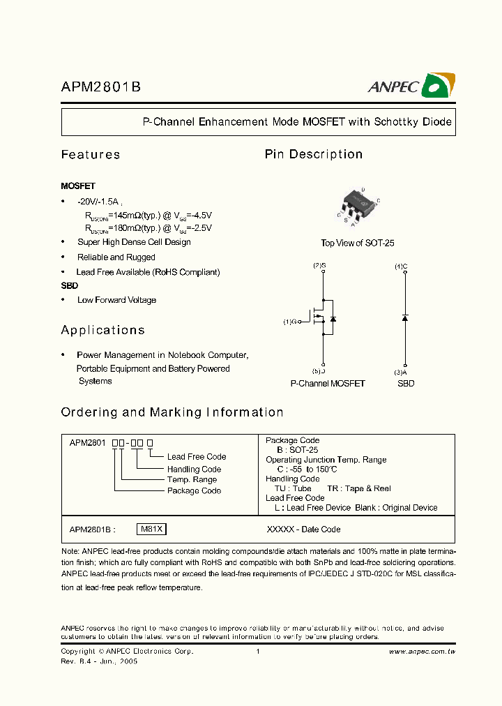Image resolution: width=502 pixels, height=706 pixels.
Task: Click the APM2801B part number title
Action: tap(102, 87)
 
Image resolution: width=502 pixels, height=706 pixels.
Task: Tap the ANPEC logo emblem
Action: tap(439, 85)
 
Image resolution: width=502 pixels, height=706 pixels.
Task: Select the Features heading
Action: tap(91, 155)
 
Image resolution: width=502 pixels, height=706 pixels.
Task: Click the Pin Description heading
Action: tap(314, 154)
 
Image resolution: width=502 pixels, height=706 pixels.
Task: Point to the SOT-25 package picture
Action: tap(358, 206)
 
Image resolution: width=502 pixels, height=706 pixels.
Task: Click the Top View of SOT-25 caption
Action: tap(358, 243)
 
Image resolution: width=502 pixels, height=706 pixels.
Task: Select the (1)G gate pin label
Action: tap(289, 322)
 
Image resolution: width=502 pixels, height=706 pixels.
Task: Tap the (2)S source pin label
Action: tap(319, 266)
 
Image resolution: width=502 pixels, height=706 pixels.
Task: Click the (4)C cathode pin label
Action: tap(401, 266)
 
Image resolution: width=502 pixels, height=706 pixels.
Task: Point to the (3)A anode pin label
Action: tap(400, 372)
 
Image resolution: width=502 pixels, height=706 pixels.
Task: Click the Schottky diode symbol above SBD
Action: tap(405, 318)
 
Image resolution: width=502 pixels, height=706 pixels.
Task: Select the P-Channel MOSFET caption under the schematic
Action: tap(328, 384)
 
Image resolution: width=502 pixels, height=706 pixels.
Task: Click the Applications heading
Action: tap(103, 330)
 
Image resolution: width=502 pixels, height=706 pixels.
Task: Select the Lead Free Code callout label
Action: tap(197, 457)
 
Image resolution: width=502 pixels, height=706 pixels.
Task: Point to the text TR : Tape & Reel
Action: tap(359, 488)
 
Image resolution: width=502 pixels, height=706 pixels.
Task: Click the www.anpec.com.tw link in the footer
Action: tap(422, 652)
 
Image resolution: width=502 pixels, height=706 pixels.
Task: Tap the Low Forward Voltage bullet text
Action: tap(116, 300)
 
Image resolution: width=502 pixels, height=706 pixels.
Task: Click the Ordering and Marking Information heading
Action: tap(172, 412)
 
